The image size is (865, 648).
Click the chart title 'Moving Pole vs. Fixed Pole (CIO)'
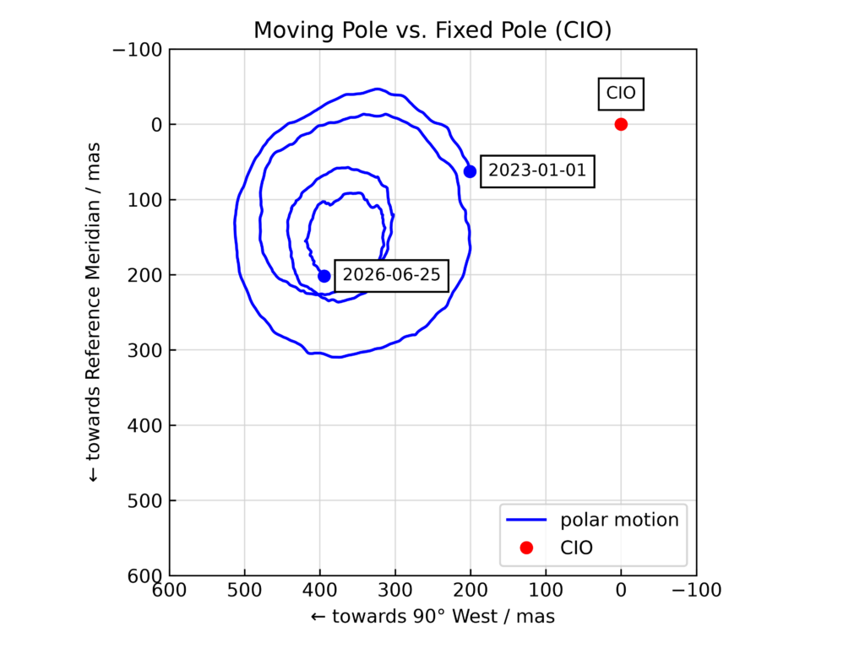click(x=432, y=30)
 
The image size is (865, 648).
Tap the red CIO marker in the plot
click(x=621, y=125)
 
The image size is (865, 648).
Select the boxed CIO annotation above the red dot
click(x=621, y=94)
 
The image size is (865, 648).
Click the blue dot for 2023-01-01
click(x=470, y=172)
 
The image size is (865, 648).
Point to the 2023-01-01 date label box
click(x=537, y=171)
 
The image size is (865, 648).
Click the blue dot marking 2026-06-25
click(x=324, y=276)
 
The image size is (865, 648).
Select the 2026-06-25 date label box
click(x=392, y=276)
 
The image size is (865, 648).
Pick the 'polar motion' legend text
click(x=619, y=520)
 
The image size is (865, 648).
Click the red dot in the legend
click(x=526, y=548)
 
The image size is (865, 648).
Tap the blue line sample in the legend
click(x=526, y=520)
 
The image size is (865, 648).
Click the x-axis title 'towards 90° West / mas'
click(x=433, y=616)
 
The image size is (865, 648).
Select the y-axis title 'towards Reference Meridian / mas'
click(x=93, y=312)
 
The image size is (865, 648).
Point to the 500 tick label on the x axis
click(x=244, y=591)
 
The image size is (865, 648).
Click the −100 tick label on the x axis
click(x=696, y=591)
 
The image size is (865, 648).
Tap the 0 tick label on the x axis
click(x=621, y=591)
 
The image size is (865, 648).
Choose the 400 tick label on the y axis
click(x=144, y=425)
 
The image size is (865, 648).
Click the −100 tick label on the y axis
click(x=138, y=50)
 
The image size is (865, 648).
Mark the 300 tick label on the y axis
click(x=144, y=350)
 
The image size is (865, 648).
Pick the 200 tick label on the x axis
click(x=471, y=591)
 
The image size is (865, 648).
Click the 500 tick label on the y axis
click(x=144, y=501)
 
